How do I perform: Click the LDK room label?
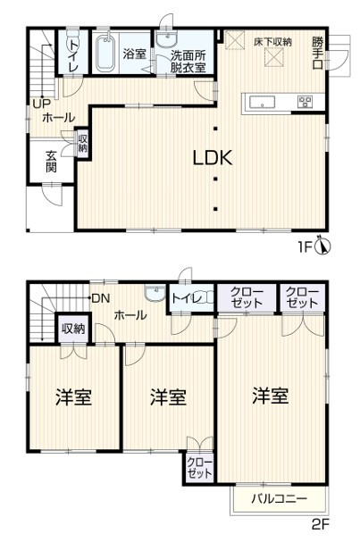coord(213,158)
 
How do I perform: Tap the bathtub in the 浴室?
coord(105,54)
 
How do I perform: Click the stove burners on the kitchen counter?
coord(305,102)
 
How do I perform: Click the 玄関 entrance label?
coord(51,162)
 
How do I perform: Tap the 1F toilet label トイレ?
coord(73,55)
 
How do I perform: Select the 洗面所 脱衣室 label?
coord(188,62)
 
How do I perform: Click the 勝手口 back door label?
coord(318,53)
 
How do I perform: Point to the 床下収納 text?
coord(272,42)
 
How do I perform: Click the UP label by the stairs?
coord(41,104)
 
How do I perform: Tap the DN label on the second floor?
coord(101,298)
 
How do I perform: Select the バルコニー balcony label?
coord(279,499)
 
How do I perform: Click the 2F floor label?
coord(320,525)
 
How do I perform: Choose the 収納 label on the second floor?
coord(73,329)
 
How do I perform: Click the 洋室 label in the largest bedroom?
coord(270,396)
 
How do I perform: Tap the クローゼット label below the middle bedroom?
coord(199,468)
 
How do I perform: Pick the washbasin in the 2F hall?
coord(155,294)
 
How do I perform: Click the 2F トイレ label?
coord(187,298)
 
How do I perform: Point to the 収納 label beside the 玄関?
coord(83,144)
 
